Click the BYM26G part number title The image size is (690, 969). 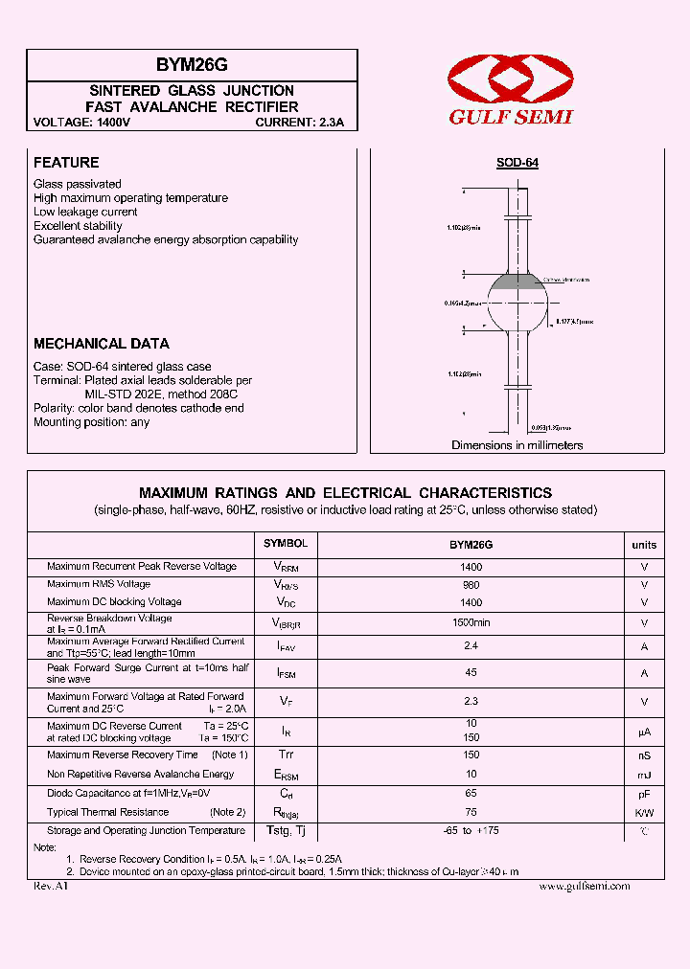click(192, 65)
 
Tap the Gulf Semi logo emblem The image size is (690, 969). click(512, 80)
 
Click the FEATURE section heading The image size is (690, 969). click(66, 163)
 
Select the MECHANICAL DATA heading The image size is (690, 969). click(102, 343)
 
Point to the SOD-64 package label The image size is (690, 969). click(517, 163)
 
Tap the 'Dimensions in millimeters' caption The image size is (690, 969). click(517, 445)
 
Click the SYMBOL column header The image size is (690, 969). click(286, 544)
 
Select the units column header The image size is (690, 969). click(644, 545)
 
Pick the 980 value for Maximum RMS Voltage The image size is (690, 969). click(471, 584)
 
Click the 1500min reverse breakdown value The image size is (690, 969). click(471, 622)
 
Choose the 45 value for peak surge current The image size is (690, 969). click(471, 673)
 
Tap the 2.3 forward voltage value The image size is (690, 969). click(471, 702)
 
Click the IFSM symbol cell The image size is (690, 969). click(286, 674)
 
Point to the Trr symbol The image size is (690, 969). click(286, 755)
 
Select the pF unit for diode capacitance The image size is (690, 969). click(644, 794)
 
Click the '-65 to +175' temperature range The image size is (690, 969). click(471, 831)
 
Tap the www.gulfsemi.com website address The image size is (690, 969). click(585, 887)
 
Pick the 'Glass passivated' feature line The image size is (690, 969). click(78, 184)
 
